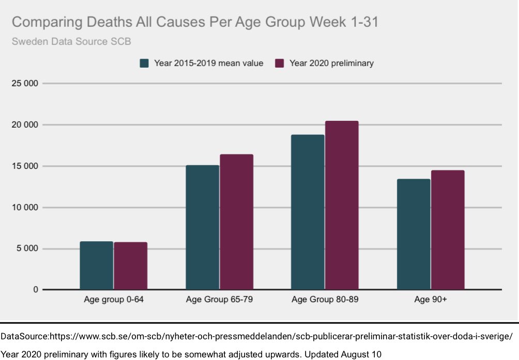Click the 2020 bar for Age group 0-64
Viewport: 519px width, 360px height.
pyautogui.click(x=131, y=266)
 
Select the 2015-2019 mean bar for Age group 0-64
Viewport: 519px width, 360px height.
pyautogui.click(x=97, y=265)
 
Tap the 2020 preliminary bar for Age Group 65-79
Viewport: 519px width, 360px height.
pyautogui.click(x=236, y=222)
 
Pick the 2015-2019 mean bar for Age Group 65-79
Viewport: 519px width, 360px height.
pyautogui.click(x=202, y=227)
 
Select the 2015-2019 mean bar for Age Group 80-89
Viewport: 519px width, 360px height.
pyautogui.click(x=308, y=212)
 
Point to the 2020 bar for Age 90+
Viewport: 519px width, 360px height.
pyautogui.click(x=448, y=230)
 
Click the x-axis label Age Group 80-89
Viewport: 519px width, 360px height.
pyautogui.click(x=325, y=300)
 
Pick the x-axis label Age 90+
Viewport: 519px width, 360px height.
pyautogui.click(x=431, y=300)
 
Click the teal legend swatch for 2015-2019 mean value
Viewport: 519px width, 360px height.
pyautogui.click(x=145, y=63)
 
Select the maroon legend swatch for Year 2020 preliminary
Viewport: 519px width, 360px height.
pyautogui.click(x=280, y=63)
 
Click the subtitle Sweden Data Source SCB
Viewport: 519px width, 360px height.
pyautogui.click(x=71, y=41)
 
